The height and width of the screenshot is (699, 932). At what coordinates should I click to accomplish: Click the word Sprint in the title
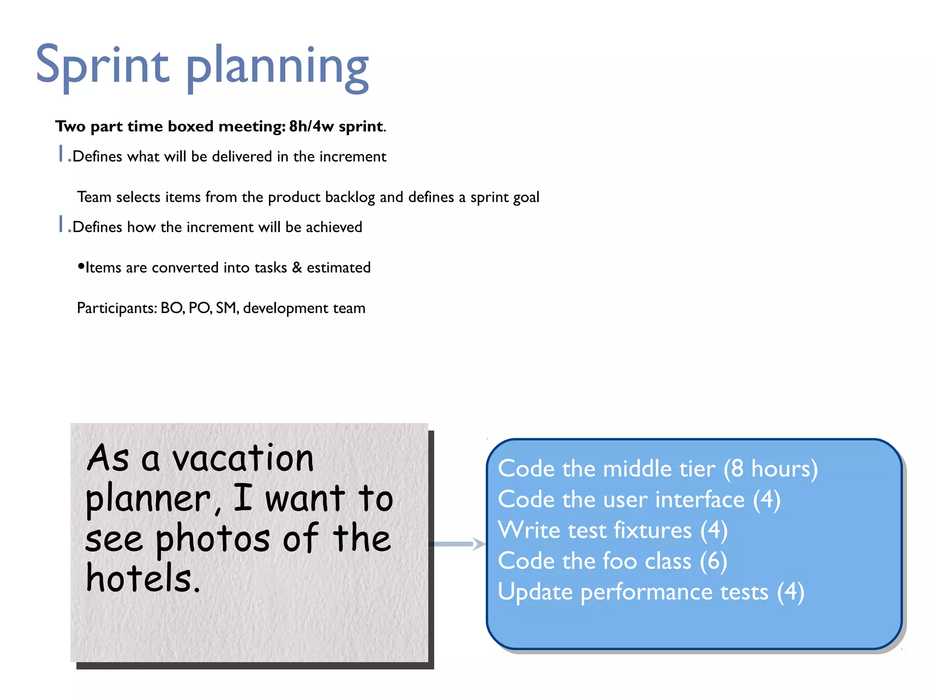(102, 66)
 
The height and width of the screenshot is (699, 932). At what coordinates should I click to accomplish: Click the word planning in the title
(277, 68)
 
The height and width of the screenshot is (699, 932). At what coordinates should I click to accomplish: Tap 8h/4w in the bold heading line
(311, 126)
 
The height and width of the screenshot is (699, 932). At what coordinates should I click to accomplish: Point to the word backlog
(350, 198)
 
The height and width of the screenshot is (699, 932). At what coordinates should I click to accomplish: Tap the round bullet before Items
(81, 266)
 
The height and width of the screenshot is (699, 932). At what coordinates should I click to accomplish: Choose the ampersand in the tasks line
(297, 267)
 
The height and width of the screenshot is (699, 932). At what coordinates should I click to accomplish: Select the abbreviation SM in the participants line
(227, 308)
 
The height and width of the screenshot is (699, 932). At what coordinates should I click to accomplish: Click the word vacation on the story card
(243, 458)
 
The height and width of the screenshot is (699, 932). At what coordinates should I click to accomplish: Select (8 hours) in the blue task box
(770, 469)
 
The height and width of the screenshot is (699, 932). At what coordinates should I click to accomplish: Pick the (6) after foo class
(713, 561)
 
